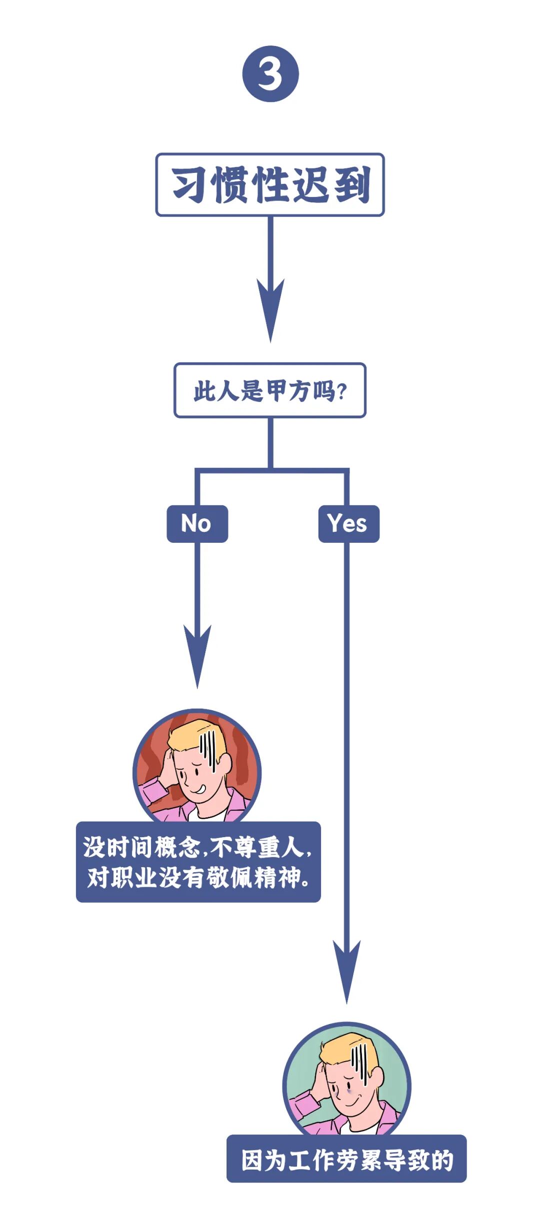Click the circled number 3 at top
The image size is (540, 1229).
click(270, 74)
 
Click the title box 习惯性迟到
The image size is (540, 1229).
click(270, 185)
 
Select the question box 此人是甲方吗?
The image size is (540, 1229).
click(270, 390)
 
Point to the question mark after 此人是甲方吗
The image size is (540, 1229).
click(342, 391)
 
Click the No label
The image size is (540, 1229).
click(197, 524)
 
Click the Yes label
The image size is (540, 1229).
click(348, 524)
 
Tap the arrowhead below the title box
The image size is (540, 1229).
click(270, 310)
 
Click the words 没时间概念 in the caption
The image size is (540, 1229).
click(142, 847)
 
